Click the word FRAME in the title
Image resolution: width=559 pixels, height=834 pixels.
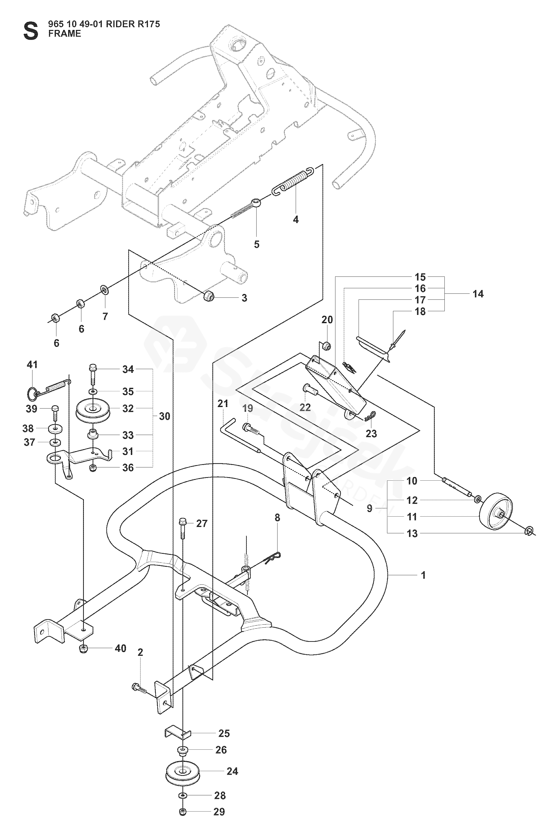(x=65, y=34)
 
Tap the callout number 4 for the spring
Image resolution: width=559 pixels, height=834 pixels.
(x=295, y=220)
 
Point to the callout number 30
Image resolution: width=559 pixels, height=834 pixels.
(x=164, y=416)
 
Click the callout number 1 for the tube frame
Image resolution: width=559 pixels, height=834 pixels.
(x=423, y=575)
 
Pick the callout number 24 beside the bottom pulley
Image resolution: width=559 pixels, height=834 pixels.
(x=232, y=772)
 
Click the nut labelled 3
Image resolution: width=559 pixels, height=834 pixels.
(x=208, y=296)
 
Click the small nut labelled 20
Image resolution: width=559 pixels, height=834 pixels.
(x=326, y=345)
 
